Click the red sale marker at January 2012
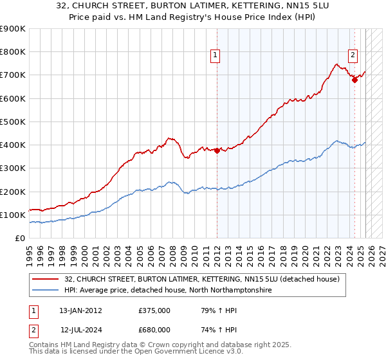pyautogui.click(x=217, y=151)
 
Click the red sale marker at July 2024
pyautogui.click(x=354, y=80)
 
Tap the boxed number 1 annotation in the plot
pyautogui.click(x=215, y=56)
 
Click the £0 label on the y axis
pyautogui.click(x=19, y=238)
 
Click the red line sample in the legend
pyautogui.click(x=46, y=279)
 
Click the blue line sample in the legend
pyautogui.click(x=46, y=291)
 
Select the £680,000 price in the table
pyautogui.click(x=154, y=330)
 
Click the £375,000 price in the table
pyautogui.click(x=154, y=310)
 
